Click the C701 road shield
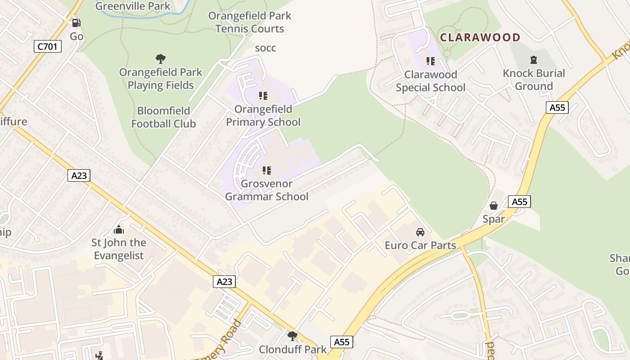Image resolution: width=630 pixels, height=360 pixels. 47,46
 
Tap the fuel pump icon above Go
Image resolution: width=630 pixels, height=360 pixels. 76,22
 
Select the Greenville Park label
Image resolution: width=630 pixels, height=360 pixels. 133,6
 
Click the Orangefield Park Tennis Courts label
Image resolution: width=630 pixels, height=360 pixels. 250,22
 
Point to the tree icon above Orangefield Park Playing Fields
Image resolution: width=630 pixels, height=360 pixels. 160,58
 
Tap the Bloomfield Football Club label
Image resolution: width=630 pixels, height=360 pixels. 163,117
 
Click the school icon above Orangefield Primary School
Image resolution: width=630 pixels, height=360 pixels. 263,96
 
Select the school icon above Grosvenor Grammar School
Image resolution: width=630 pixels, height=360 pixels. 267,171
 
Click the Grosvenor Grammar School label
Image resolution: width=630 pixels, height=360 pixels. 267,190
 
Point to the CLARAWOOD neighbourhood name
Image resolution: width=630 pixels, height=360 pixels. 480,37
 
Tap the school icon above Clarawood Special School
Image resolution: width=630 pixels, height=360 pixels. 431,61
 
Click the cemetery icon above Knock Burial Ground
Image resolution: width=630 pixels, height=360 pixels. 534,60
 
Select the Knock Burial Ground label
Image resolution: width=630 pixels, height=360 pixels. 534,80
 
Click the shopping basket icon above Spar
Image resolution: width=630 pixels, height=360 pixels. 494,206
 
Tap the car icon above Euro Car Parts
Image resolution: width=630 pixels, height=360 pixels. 420,232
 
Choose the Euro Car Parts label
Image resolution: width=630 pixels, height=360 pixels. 420,246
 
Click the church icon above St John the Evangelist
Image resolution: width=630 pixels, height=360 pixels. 119,230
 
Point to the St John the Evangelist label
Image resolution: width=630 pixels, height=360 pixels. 119,249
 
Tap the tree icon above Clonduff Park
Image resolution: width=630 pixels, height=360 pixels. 292,336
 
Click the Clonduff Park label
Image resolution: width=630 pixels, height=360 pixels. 292,350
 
